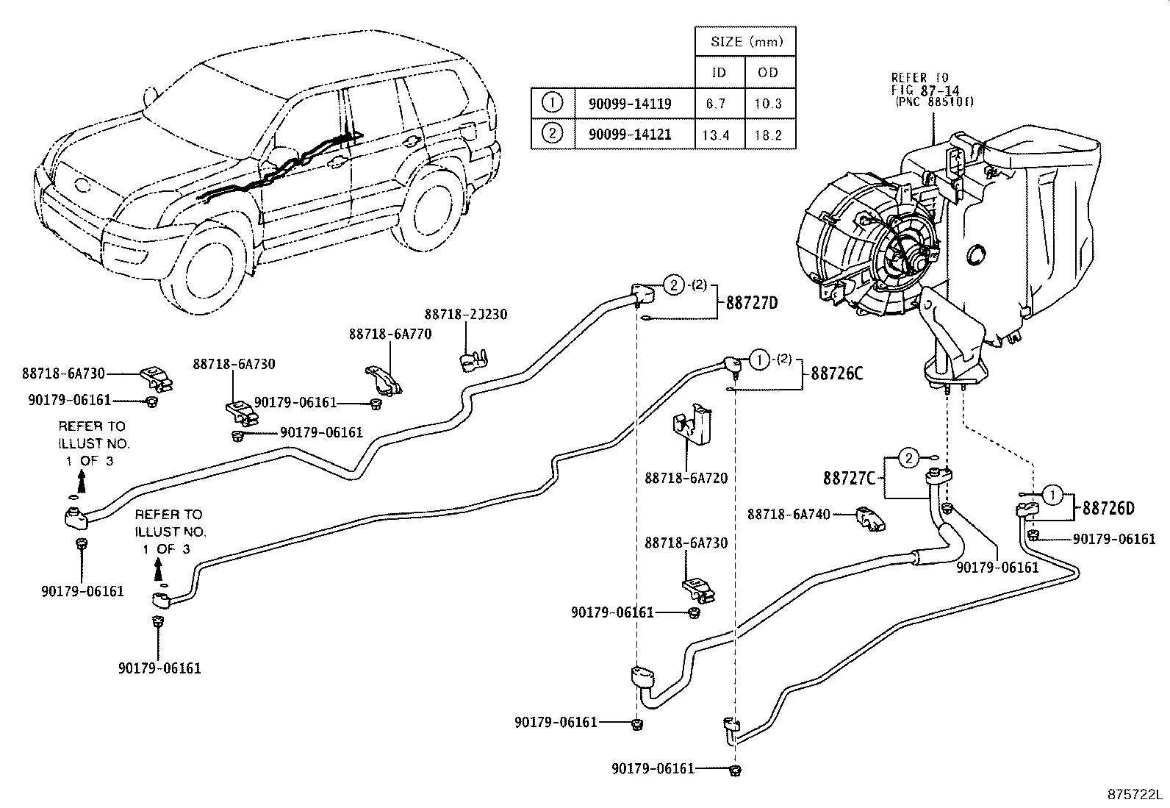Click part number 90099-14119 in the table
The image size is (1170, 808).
(x=630, y=104)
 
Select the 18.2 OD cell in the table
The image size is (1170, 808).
(x=768, y=135)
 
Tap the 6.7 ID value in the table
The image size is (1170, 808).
(x=716, y=104)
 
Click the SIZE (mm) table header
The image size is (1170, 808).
(x=747, y=41)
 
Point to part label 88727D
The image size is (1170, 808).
(x=752, y=303)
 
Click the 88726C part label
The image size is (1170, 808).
(x=837, y=373)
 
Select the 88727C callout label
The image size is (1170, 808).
(x=850, y=478)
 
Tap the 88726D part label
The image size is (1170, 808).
(x=1108, y=508)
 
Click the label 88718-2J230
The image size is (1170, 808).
(x=466, y=314)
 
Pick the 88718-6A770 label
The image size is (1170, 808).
(x=391, y=334)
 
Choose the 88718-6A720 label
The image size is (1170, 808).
(x=686, y=478)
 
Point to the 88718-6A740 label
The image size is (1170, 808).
(x=789, y=514)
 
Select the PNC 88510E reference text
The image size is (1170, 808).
(x=934, y=102)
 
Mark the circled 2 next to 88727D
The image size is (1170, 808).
(x=674, y=285)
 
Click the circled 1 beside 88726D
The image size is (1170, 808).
(x=1053, y=494)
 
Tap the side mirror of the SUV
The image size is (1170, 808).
(x=151, y=96)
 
